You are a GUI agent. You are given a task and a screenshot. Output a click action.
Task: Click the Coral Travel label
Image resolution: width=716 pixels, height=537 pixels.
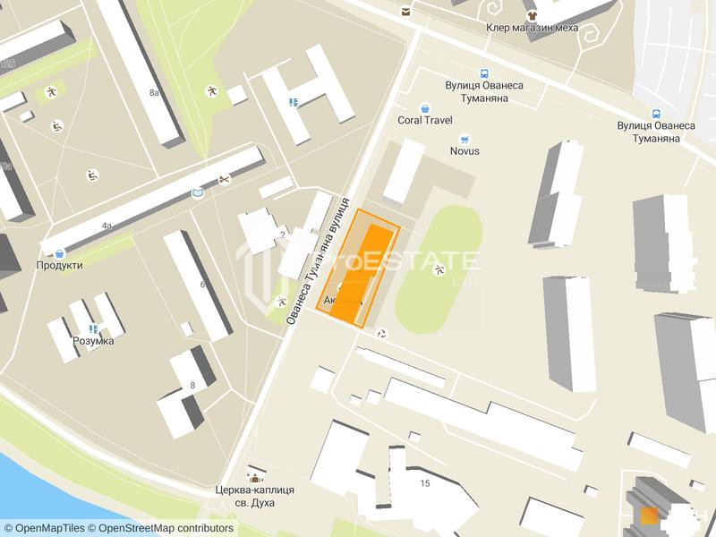[x=425, y=120]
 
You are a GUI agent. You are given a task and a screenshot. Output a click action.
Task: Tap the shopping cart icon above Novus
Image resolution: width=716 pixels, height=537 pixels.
[x=465, y=139]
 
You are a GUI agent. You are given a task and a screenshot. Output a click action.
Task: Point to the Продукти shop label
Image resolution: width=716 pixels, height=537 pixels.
[x=60, y=265]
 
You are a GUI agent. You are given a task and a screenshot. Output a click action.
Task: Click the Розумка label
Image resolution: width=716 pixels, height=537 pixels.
[x=93, y=341]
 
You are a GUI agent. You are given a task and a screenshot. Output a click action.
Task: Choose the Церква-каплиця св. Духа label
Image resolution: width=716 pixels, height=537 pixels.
[x=255, y=496]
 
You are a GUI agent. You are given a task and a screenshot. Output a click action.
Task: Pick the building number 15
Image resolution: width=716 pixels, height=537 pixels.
[x=425, y=483]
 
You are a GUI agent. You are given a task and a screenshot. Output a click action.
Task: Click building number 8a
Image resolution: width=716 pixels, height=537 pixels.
[x=154, y=92]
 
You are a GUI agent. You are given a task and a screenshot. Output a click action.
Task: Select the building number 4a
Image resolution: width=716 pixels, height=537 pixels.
[x=107, y=226]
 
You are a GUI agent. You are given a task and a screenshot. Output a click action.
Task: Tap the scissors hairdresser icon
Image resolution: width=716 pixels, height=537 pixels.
[x=224, y=180]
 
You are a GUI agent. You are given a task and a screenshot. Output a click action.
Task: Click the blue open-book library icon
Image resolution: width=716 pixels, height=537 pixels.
[x=198, y=192]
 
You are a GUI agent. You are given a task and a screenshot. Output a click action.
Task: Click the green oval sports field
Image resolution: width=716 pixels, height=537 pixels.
[x=438, y=268]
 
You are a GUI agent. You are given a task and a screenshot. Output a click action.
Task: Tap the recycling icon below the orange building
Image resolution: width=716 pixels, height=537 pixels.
[x=382, y=334]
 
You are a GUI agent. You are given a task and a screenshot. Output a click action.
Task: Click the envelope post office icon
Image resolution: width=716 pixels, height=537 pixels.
[x=406, y=12]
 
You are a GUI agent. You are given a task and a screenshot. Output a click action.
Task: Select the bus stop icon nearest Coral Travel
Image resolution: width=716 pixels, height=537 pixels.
[x=484, y=73]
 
